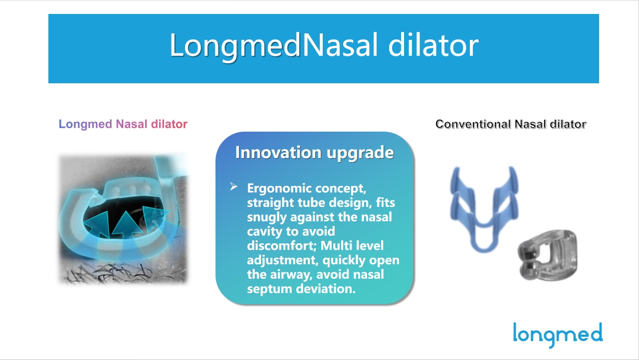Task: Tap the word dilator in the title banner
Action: point(433,44)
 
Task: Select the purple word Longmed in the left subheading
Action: point(85,125)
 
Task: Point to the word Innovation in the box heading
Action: point(278,152)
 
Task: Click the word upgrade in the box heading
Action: point(360,154)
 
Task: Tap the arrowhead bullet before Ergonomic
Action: point(233,186)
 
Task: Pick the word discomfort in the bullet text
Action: point(281,245)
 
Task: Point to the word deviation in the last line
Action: point(326,289)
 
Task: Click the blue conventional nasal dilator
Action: point(484,209)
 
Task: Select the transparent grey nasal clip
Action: point(547,255)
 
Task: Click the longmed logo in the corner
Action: point(558,335)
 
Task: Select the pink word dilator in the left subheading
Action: point(169,124)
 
